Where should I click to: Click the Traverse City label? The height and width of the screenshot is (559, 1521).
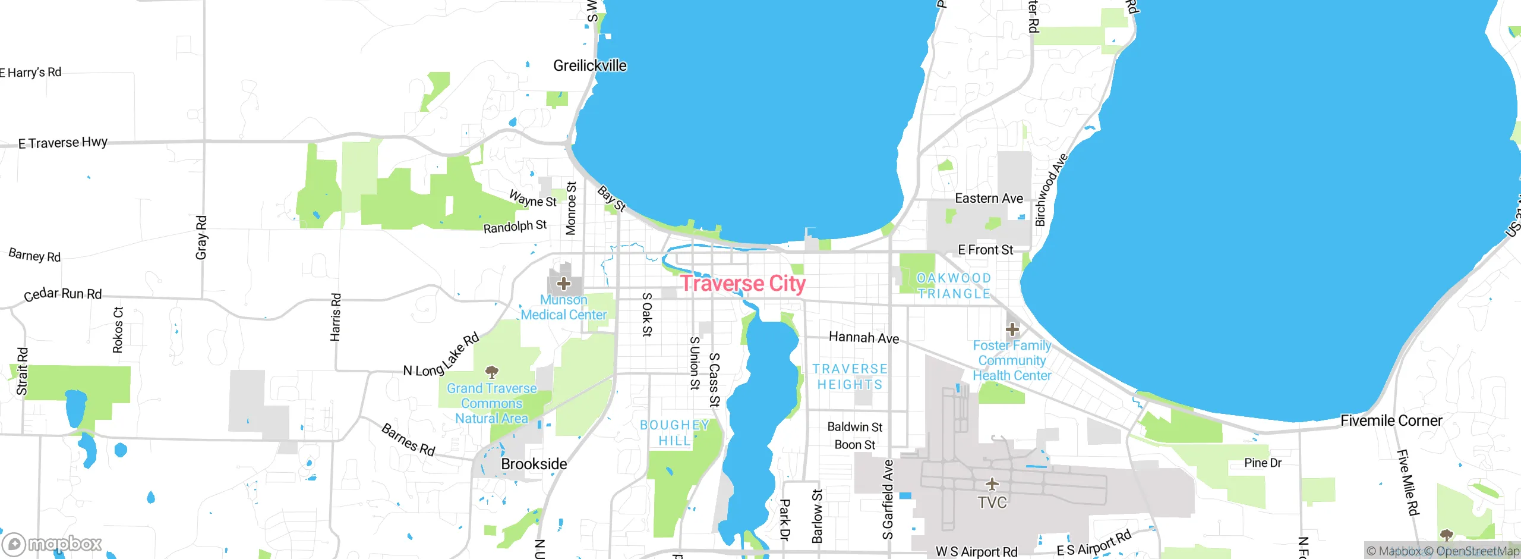[x=743, y=284]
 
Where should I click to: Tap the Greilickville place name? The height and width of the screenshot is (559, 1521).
[x=589, y=65]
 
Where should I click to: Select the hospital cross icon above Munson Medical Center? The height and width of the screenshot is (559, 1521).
[x=564, y=284]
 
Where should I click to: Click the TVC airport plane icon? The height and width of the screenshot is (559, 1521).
[x=992, y=483]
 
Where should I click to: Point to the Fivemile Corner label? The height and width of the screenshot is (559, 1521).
[x=1391, y=420]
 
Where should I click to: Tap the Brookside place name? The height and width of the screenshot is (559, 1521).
[x=534, y=464]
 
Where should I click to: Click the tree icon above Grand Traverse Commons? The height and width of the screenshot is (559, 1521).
[x=491, y=372]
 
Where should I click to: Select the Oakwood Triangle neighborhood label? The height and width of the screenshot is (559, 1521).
[x=954, y=286]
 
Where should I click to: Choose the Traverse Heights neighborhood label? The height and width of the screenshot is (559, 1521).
[x=850, y=376]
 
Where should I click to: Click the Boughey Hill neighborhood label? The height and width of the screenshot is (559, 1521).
[x=674, y=433]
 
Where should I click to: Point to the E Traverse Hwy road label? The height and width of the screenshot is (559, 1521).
[x=63, y=143]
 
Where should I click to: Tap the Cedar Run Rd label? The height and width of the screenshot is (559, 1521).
[x=63, y=294]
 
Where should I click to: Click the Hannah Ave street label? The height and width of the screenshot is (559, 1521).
[x=863, y=338]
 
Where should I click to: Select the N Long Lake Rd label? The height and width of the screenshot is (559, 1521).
[x=441, y=357]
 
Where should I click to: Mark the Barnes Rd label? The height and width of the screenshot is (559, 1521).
[x=409, y=439]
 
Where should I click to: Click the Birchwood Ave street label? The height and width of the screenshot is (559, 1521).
[x=1050, y=190]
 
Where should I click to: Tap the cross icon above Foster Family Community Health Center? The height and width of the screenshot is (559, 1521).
[x=1012, y=329]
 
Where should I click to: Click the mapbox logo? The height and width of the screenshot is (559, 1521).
[x=52, y=544]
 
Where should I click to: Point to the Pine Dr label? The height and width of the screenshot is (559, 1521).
[x=1263, y=463]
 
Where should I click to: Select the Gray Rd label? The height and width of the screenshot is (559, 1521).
[x=201, y=238]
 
